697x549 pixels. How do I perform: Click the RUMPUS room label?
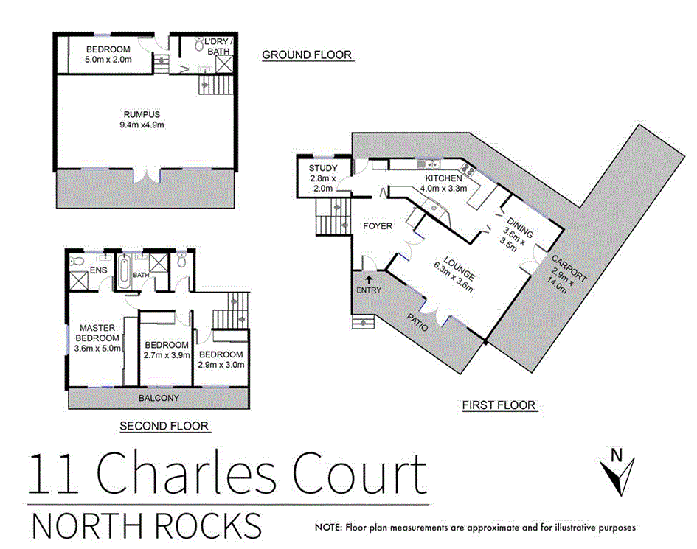pos(142,113)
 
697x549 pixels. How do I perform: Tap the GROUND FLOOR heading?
pos(307,55)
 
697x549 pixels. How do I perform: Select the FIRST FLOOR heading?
pos(499,405)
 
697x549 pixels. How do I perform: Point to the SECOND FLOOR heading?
pos(164,426)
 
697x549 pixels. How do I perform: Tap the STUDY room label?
pos(323,169)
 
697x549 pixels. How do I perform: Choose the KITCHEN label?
pos(444,178)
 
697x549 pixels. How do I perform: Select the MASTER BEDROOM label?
pos(98,333)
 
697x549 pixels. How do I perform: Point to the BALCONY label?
pos(159,398)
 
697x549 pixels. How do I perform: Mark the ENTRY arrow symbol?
pos(368,278)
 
